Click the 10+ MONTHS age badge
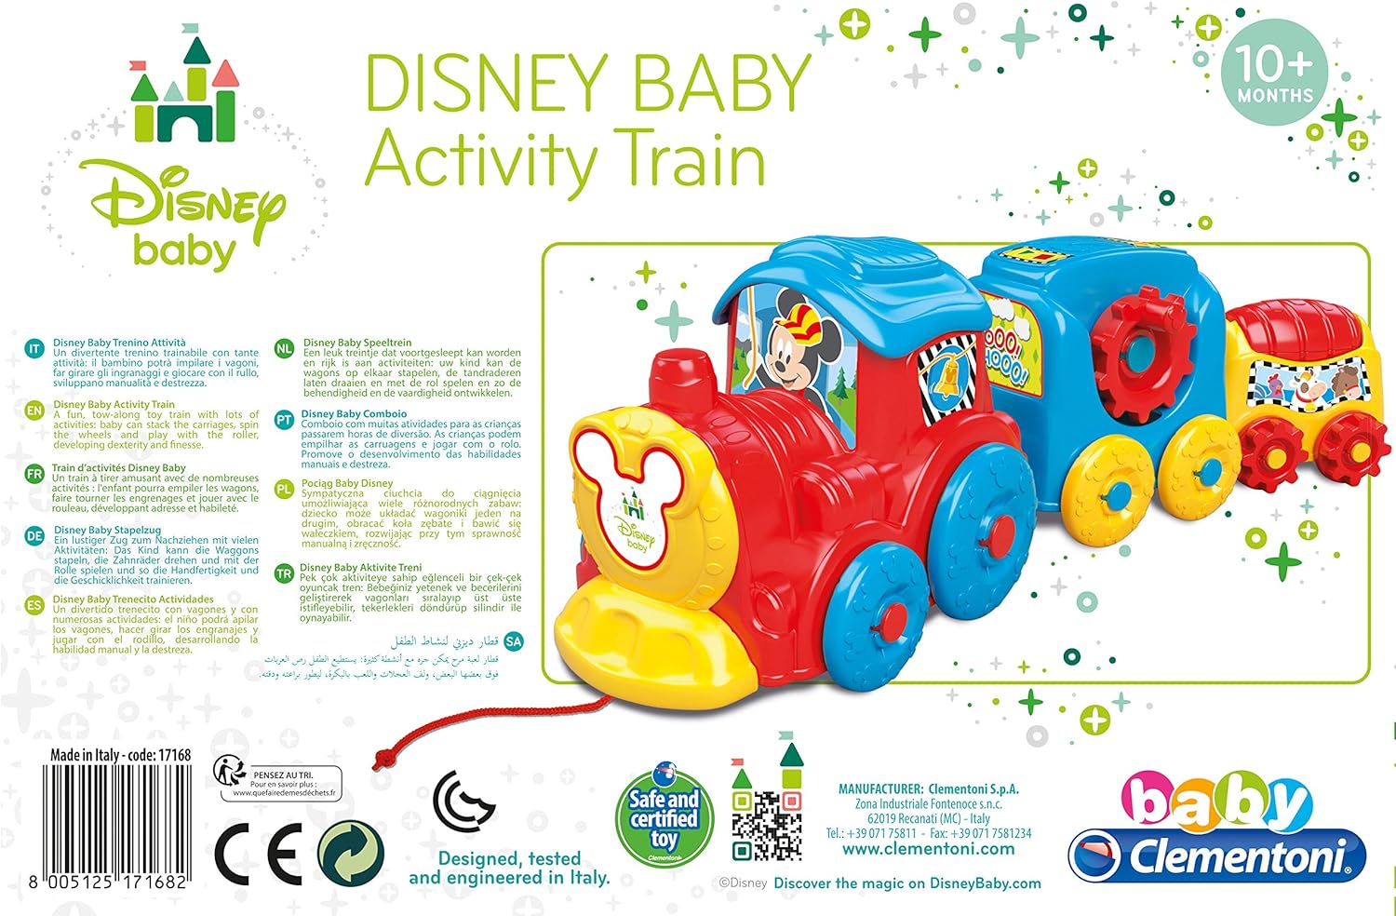(x=1274, y=73)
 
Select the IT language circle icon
(x=34, y=349)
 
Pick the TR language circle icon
(x=284, y=574)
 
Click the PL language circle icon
(x=284, y=489)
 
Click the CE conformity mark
(x=258, y=854)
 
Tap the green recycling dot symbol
(x=351, y=854)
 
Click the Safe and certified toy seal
(x=664, y=816)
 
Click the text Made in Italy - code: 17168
(x=121, y=755)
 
